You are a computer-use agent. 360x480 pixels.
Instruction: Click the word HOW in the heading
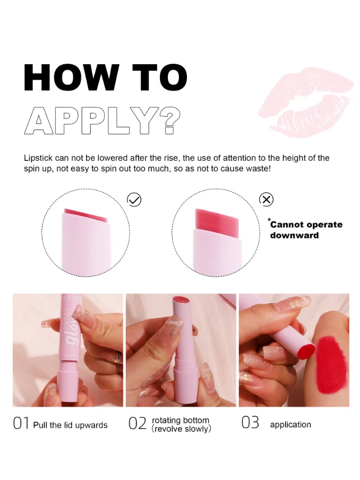pos(71,77)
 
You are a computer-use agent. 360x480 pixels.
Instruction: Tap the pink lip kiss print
pos(306,102)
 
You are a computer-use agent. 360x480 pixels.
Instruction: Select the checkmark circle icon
pos(134,200)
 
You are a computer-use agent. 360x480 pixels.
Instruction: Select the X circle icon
pos(267,200)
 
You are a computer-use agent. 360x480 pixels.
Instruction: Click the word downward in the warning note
pos(294,235)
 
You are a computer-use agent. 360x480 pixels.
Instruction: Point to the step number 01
pos(21,423)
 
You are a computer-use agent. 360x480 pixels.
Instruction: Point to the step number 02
pos(138,424)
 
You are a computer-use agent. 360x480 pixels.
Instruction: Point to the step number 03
pos(250,423)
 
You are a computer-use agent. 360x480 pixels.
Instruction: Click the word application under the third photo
pos(290,425)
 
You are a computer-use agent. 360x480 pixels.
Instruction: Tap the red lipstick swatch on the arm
pos(332,365)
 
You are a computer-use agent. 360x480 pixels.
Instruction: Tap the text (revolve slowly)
pos(181,429)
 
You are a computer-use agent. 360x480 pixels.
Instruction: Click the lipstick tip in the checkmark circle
pos(85,215)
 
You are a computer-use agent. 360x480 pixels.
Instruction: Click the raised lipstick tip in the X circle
pos(217,219)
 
